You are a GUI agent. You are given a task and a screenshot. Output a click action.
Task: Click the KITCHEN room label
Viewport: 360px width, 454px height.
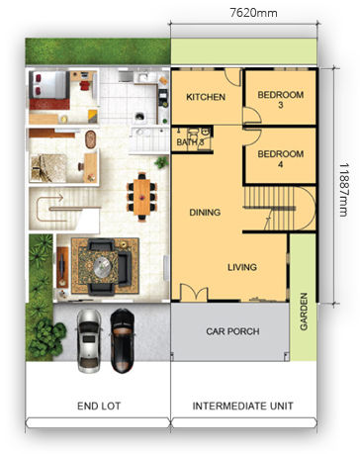[x=206, y=97]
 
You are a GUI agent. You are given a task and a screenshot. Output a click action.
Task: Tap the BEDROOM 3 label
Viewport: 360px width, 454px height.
[x=281, y=100]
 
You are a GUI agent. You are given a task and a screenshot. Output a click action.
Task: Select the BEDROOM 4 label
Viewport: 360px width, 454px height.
[x=281, y=158]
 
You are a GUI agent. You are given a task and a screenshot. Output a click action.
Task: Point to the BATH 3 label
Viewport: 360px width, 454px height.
[x=190, y=142]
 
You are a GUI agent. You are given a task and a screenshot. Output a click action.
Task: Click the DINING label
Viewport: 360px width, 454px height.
[x=205, y=213]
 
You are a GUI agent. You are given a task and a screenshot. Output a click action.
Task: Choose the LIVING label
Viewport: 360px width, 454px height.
[x=242, y=267]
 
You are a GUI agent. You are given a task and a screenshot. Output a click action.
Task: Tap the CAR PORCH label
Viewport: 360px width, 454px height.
[x=232, y=331]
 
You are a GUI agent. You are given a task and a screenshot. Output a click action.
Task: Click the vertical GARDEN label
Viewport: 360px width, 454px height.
[x=304, y=312]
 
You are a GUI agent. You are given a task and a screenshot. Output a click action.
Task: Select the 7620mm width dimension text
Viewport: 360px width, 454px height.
[x=253, y=13]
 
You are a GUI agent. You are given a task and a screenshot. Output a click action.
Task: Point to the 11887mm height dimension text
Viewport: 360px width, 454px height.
[x=343, y=189]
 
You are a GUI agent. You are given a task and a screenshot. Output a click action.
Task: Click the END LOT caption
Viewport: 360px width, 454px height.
[x=99, y=406]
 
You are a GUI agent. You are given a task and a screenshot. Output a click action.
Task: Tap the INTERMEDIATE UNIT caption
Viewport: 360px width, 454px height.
[x=243, y=406]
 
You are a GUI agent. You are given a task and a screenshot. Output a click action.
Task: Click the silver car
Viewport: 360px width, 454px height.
[x=89, y=340]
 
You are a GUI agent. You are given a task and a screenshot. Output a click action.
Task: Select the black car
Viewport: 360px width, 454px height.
[x=122, y=340]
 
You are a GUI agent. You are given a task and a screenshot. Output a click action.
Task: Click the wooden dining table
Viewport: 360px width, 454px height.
[x=141, y=197]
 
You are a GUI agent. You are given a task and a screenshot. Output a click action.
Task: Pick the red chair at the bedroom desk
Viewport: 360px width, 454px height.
[x=84, y=85]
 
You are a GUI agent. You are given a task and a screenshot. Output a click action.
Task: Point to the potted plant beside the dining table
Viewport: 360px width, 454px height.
[x=161, y=162]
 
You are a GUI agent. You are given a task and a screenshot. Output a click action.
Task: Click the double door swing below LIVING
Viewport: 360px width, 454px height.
[x=194, y=293]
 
